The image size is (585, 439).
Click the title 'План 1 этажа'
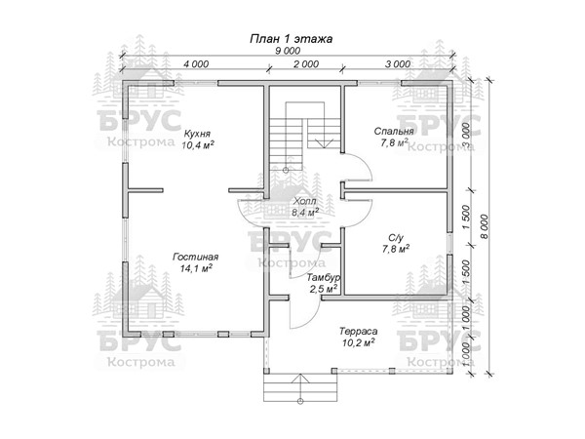point(291,39)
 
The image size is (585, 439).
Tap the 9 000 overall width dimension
point(288,51)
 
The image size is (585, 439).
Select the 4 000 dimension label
point(196,64)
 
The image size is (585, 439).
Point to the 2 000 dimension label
point(306,64)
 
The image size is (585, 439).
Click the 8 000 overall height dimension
point(484,227)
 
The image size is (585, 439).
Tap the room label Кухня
point(197,134)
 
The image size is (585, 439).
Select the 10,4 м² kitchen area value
point(198,145)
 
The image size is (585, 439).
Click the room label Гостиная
point(196,258)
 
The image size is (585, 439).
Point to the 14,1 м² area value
point(196,268)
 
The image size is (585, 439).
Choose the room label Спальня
point(394,132)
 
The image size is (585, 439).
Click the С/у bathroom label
point(396,238)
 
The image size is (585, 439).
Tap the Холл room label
point(305,202)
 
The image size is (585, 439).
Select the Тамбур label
point(323,278)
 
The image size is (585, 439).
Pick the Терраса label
point(358,331)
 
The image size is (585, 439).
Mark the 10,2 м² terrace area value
point(359,342)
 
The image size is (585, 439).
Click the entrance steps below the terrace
point(300,387)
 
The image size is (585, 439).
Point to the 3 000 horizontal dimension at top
point(398,64)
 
